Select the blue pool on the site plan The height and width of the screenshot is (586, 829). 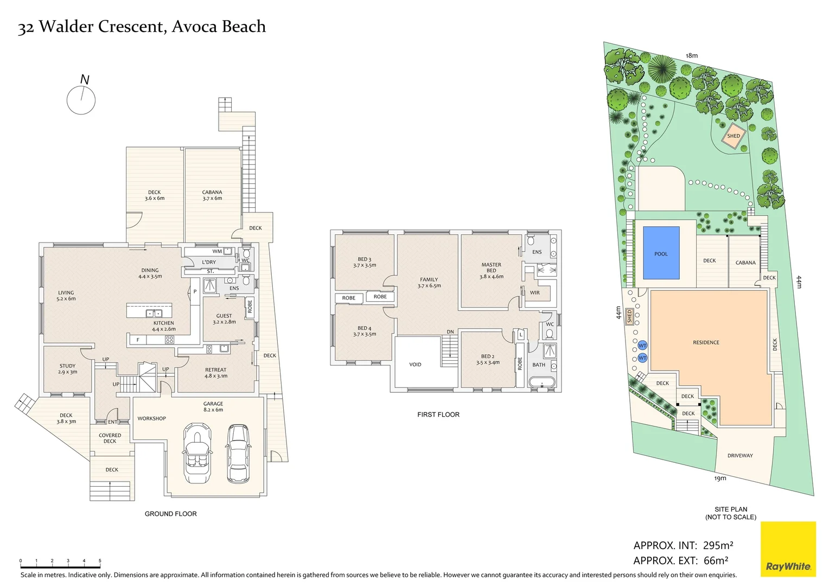click(x=661, y=253)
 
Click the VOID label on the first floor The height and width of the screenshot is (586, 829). click(x=415, y=365)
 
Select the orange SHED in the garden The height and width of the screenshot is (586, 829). click(x=734, y=136)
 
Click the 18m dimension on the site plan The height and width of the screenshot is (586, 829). click(x=691, y=55)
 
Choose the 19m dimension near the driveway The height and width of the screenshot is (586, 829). click(x=720, y=479)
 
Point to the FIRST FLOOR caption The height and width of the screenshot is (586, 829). click(x=438, y=415)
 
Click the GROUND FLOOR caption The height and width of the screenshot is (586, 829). click(x=170, y=514)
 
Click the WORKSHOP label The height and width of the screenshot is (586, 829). click(x=151, y=418)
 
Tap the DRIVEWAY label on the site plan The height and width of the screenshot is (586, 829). click(x=740, y=456)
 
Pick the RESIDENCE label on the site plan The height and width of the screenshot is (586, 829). click(x=706, y=342)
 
